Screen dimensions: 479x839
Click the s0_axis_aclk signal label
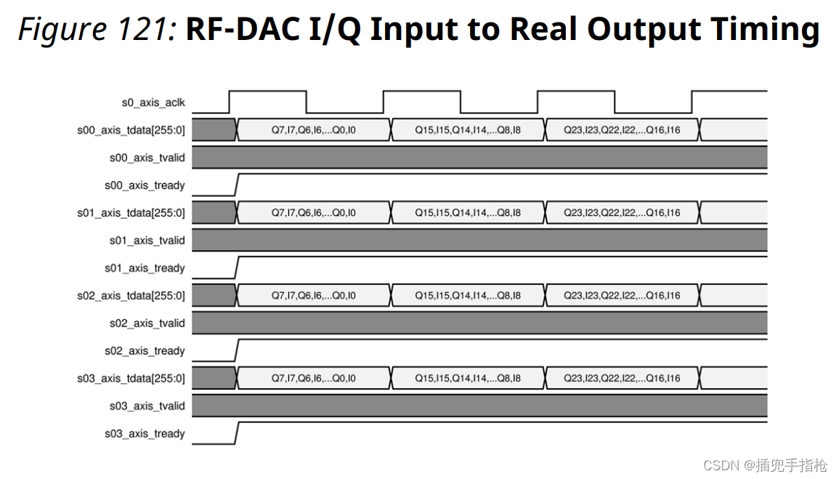[x=153, y=102]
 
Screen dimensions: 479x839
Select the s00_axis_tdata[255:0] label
[x=131, y=130]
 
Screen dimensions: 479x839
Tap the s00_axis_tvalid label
[x=147, y=158]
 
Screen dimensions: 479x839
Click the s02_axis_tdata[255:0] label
[x=131, y=296]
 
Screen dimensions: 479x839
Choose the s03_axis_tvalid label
[x=147, y=406]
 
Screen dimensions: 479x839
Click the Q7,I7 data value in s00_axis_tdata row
[x=313, y=130]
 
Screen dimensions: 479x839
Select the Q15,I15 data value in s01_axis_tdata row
[x=467, y=213]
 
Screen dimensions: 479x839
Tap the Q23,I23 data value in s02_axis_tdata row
[x=622, y=296]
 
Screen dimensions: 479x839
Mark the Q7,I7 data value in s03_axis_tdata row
[x=313, y=379]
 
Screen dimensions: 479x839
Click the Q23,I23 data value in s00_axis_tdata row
[x=622, y=130]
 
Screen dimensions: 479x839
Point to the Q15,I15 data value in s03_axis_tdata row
[x=467, y=379]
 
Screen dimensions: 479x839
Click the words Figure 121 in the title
[x=97, y=29]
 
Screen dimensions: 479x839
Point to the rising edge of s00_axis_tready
[x=237, y=185]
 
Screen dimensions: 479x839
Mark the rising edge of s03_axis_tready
[x=237, y=433]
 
